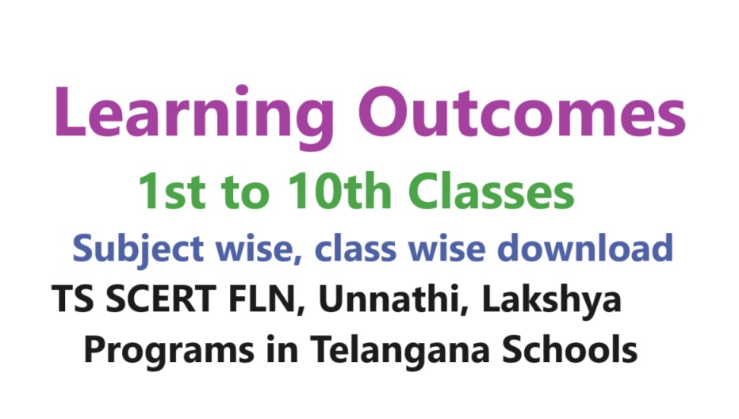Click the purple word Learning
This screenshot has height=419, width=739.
pyautogui.click(x=194, y=116)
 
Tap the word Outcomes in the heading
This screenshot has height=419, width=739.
pyautogui.click(x=522, y=112)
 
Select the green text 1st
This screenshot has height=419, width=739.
pyautogui.click(x=171, y=191)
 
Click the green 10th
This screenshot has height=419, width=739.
pyautogui.click(x=339, y=190)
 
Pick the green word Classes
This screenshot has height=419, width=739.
pyautogui.click(x=491, y=190)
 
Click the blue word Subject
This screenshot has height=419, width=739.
pyautogui.click(x=138, y=249)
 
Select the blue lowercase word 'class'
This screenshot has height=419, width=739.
pyautogui.click(x=355, y=249)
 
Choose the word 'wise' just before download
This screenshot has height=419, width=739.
pyautogui.click(x=446, y=249)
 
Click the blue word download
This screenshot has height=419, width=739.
pyautogui.click(x=585, y=248)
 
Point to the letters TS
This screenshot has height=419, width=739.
pyautogui.click(x=73, y=299)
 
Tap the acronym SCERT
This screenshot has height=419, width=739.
pyautogui.click(x=161, y=299)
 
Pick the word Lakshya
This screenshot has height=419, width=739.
pyautogui.click(x=551, y=300)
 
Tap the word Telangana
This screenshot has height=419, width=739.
pyautogui.click(x=400, y=351)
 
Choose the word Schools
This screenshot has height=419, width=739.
pyautogui.click(x=570, y=349)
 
